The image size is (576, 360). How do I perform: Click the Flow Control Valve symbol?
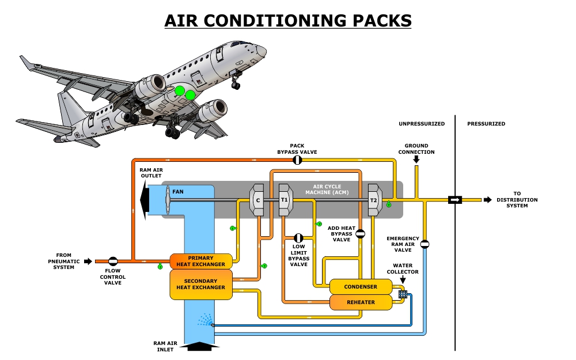(x=113, y=262)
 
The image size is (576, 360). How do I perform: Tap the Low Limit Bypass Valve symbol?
(x=298, y=238)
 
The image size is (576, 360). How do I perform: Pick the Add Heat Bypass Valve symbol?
(x=360, y=233)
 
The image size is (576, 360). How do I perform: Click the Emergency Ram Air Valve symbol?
(x=425, y=244)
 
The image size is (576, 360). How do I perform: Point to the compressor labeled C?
(x=257, y=200)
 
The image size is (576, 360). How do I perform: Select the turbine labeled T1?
(x=285, y=200)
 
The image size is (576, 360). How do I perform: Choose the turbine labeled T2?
(x=373, y=200)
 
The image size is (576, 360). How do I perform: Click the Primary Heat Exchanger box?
(x=200, y=261)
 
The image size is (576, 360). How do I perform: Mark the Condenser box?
(x=360, y=286)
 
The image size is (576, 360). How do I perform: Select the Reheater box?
(x=360, y=302)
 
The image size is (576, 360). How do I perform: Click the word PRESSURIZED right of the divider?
(x=486, y=124)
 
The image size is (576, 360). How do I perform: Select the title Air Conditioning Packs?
(x=288, y=21)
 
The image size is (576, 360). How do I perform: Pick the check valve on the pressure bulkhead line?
(x=455, y=200)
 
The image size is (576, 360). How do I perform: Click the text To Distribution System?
(x=525, y=199)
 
